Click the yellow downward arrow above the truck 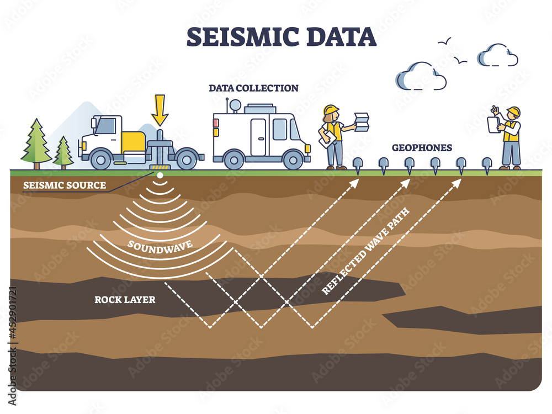tap(160, 109)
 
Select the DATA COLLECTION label tap(253, 88)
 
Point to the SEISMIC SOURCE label tap(64, 185)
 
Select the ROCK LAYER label tap(125, 300)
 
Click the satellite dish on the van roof tap(235, 104)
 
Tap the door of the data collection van tap(258, 136)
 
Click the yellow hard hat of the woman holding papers tap(331, 110)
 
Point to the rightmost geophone tap(487, 164)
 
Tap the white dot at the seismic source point tap(160, 176)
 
